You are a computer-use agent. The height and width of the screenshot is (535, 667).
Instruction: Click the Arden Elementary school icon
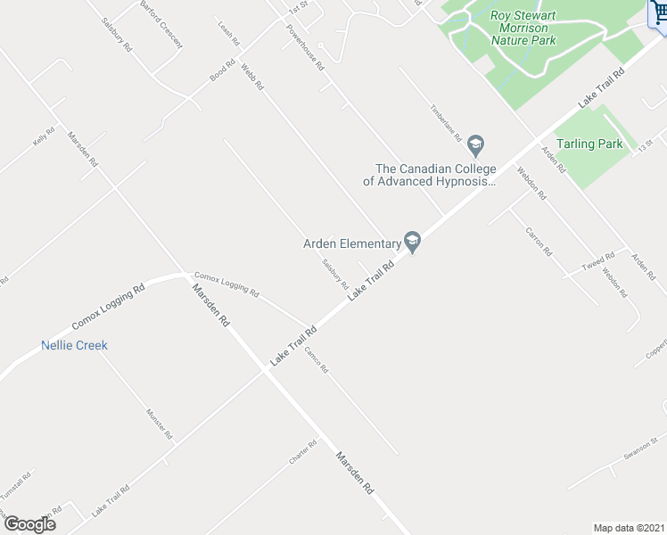412,241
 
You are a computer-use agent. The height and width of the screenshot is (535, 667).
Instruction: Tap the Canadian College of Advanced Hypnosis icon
476,144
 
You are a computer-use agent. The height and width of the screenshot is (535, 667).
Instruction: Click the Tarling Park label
589,144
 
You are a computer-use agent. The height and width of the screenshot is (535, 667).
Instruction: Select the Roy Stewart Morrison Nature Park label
523,28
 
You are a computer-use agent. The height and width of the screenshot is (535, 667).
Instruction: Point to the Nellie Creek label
74,345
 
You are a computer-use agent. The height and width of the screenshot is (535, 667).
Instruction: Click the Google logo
29,523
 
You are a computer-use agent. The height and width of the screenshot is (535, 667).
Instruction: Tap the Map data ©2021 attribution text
629,528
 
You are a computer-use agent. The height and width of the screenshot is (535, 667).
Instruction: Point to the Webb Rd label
252,76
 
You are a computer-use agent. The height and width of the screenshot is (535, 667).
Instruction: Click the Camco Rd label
317,359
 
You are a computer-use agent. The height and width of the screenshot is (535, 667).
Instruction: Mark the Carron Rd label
539,242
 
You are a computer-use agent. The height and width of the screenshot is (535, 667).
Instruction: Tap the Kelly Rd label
44,137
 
